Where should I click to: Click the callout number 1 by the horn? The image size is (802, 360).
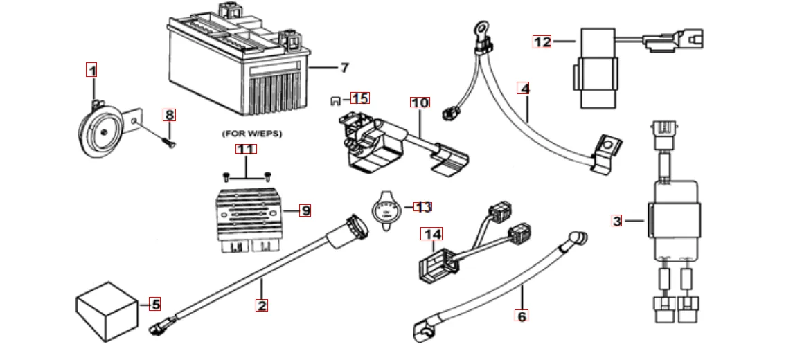pos(91,70)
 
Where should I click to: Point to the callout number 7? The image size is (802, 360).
pos(344,68)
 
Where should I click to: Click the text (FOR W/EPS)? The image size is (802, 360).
pos(252,132)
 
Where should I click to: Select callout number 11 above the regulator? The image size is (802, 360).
pos(246,149)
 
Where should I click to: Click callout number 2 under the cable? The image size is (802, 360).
pos(261,305)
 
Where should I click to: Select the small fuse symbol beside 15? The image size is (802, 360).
pos(336,99)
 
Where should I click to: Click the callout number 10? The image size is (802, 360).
pos(420,102)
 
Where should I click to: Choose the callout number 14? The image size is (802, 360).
pos(434,234)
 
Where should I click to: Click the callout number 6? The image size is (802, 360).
pos(522,316)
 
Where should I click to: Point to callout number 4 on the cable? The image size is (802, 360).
pos(524,89)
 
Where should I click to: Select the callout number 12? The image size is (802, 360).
pos(542,42)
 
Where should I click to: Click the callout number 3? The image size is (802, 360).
pos(616,222)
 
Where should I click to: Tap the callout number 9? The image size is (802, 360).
pos(305,210)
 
